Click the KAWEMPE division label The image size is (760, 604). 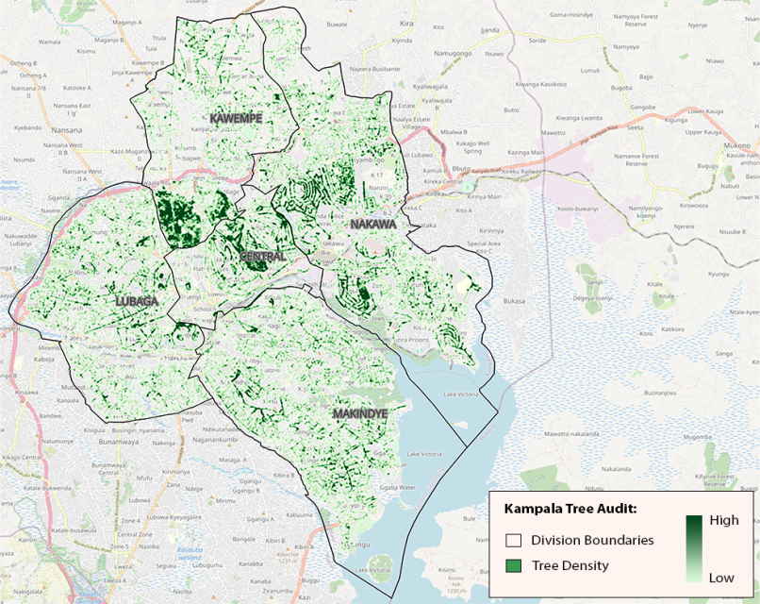236,118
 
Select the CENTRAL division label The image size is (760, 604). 262,257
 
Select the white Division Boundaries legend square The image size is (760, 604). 514,541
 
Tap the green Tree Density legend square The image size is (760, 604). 514,565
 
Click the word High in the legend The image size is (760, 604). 723,520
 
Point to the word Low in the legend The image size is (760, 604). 723,577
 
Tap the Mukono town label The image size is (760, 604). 736,146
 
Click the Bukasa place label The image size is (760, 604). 514,300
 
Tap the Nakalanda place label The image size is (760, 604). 615,468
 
